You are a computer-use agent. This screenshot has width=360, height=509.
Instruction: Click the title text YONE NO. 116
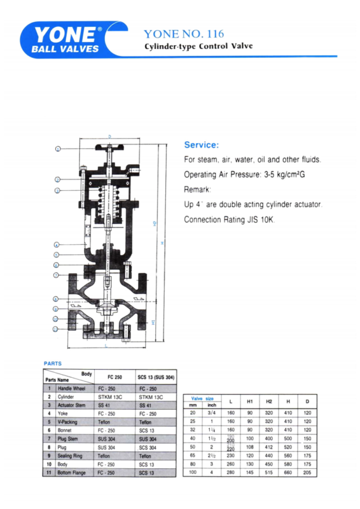(x=184, y=33)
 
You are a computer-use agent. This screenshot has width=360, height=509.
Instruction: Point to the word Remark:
(x=197, y=190)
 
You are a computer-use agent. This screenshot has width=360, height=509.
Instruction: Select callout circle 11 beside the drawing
(x=55, y=329)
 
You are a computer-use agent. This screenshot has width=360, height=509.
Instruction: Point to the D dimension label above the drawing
(x=109, y=137)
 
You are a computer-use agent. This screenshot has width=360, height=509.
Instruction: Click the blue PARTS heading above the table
(x=52, y=363)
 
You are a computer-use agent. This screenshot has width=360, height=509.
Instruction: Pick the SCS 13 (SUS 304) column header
(x=156, y=376)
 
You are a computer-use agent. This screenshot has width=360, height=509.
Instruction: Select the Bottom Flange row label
(x=72, y=473)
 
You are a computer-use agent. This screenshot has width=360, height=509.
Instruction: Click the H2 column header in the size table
(x=269, y=402)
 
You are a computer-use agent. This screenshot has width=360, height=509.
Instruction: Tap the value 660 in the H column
(x=288, y=473)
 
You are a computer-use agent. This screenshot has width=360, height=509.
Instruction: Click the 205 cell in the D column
(x=308, y=473)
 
